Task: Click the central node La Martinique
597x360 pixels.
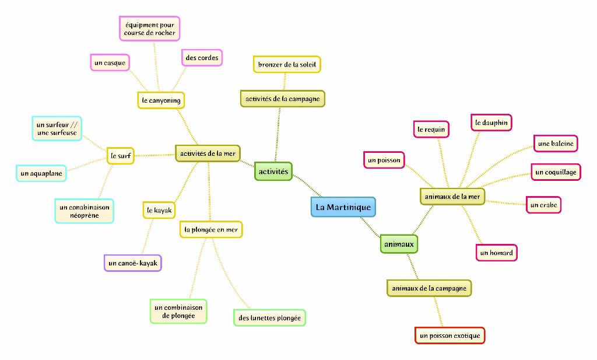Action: tap(343, 207)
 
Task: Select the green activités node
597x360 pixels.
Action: tap(273, 171)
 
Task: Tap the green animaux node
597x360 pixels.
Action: tap(399, 244)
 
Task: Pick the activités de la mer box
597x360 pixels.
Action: tap(208, 153)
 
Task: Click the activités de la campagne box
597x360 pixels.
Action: tap(282, 99)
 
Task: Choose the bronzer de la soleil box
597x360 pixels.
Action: tap(287, 64)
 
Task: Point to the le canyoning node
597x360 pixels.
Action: tap(161, 100)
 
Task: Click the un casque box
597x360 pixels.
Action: tap(110, 62)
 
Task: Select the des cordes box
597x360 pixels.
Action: tap(202, 58)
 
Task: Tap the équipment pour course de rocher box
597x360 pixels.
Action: tap(150, 29)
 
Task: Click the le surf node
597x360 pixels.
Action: tap(121, 156)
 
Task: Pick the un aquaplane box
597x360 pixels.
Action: tap(41, 173)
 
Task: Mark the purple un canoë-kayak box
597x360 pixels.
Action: tap(133, 263)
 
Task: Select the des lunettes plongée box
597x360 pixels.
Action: tap(269, 318)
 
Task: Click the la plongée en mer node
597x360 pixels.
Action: tap(210, 230)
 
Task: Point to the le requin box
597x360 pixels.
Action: tap(431, 129)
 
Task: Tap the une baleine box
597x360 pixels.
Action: tap(556, 143)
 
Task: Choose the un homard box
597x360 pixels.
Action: tap(496, 253)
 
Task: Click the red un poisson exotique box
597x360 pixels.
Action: tap(450, 335)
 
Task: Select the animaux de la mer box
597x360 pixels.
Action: tap(452, 197)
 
